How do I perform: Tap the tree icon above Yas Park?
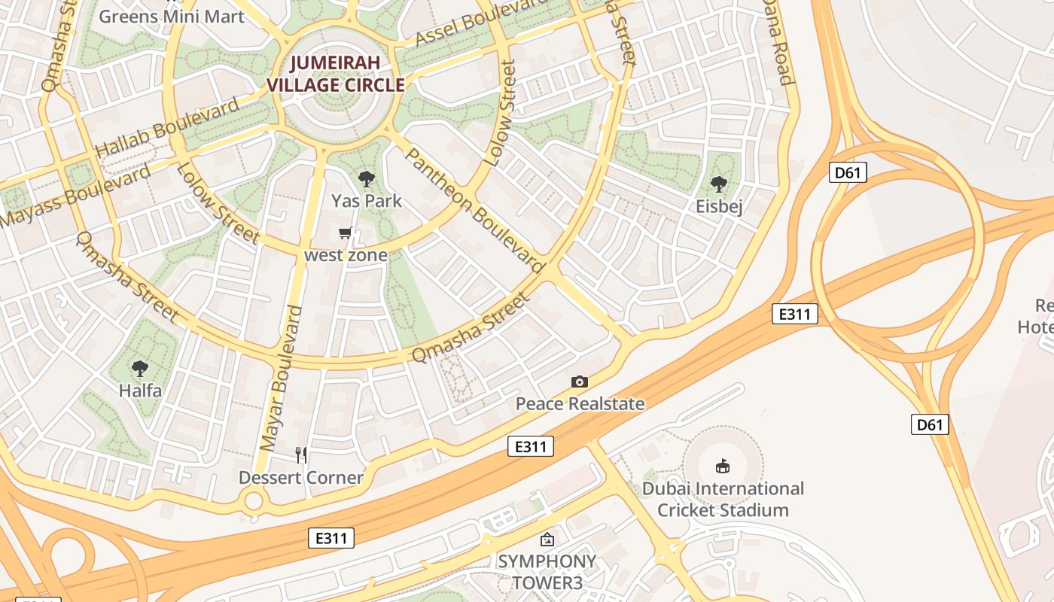point(367,179)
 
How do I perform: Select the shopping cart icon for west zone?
point(346,233)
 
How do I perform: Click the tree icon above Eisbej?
point(719,184)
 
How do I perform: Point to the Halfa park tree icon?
point(139,369)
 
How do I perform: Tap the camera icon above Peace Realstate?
point(579,382)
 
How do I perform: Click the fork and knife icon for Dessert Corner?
point(301,455)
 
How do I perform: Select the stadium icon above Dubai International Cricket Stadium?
point(723,466)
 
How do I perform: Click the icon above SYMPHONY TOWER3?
point(547,540)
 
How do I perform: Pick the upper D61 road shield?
point(848,173)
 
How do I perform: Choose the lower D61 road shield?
point(930,424)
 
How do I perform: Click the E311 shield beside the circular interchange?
point(795,314)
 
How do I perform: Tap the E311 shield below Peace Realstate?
point(531,446)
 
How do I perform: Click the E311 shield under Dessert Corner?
point(331,538)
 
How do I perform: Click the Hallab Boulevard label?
point(166,127)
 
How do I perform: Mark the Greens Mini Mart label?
point(172,16)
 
